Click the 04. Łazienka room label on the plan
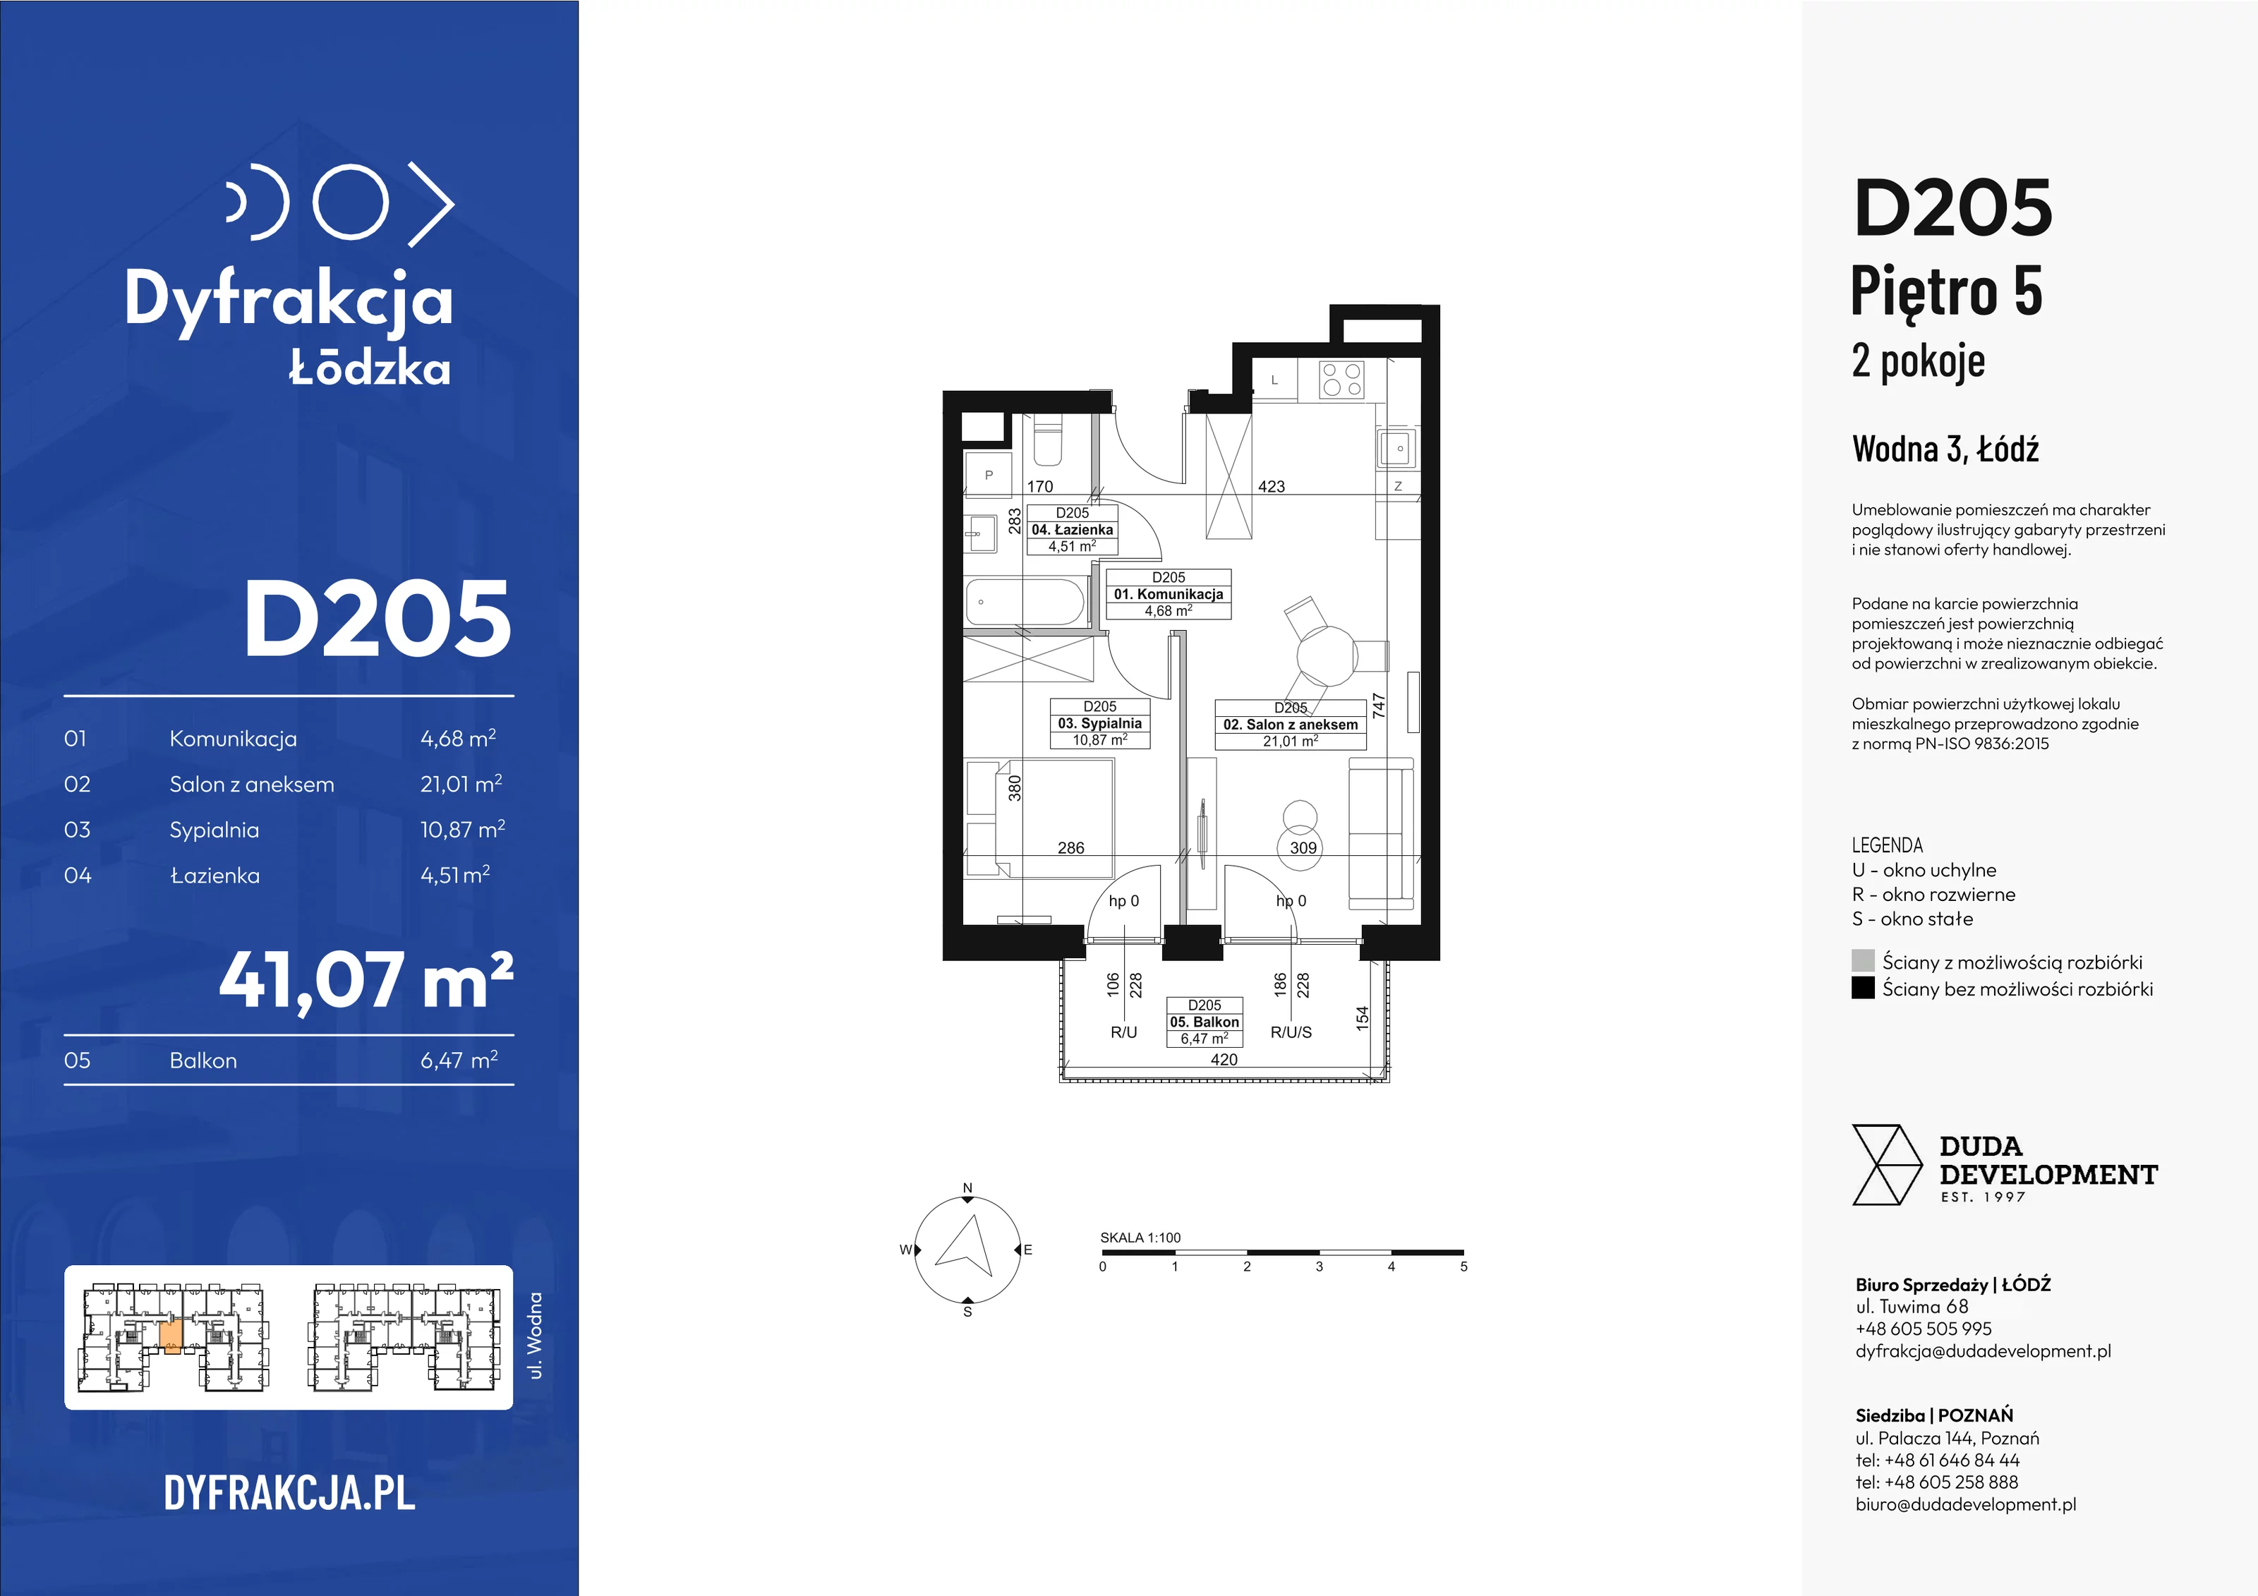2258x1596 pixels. pos(1072,529)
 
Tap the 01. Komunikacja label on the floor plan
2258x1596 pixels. pos(1169,594)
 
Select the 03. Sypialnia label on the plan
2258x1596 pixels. pos(1099,723)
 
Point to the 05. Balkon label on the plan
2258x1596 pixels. pos(1204,1022)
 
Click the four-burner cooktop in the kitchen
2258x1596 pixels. pos(1341,380)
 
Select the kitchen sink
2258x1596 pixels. pos(1396,449)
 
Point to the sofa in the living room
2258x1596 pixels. pos(1381,832)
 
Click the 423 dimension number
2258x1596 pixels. pos(1271,485)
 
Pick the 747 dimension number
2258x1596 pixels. pos(1379,705)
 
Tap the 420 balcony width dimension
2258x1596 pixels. pos(1224,1059)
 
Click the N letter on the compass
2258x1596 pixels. pos(967,1188)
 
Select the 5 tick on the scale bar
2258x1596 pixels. pos(1463,1266)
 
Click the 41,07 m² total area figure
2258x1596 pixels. pos(366,981)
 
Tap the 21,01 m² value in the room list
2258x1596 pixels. pos(461,784)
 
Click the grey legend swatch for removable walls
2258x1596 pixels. pos(1863,961)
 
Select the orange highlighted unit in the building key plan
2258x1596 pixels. pos(170,1337)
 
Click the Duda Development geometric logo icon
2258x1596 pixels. pos(1886,1166)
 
